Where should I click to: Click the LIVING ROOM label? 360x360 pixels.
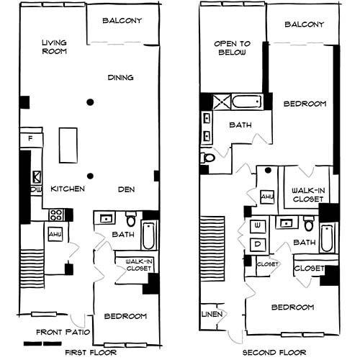click(54, 47)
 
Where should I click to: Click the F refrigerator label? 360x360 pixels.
click(31, 137)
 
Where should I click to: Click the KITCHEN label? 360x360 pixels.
click(68, 189)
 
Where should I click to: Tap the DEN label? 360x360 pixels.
click(127, 189)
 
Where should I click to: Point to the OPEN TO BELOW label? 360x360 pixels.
click(230, 48)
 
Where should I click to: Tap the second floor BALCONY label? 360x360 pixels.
click(305, 24)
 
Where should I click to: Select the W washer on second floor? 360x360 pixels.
click(257, 226)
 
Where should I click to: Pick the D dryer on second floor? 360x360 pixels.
click(257, 243)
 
